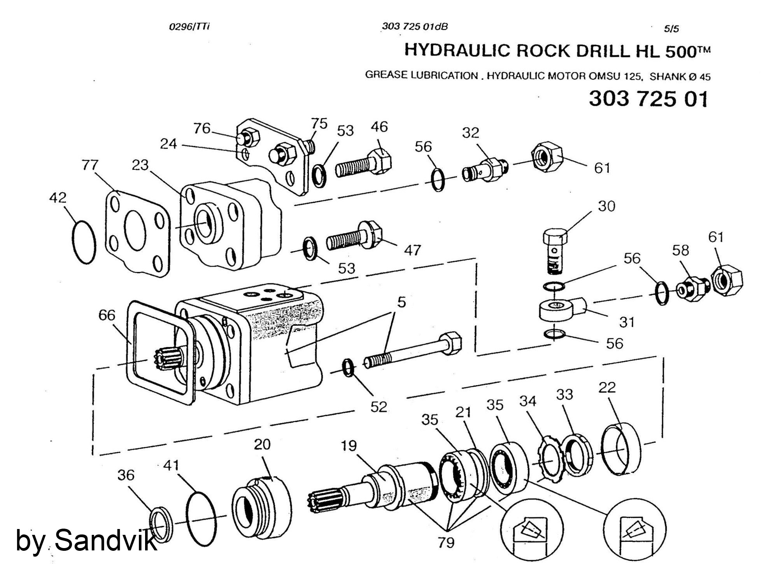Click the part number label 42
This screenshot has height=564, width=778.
(x=58, y=197)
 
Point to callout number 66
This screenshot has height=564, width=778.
(x=107, y=315)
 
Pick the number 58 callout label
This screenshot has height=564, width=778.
(x=681, y=250)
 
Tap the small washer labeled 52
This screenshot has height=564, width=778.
(x=349, y=368)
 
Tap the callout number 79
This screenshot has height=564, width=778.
(x=446, y=542)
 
